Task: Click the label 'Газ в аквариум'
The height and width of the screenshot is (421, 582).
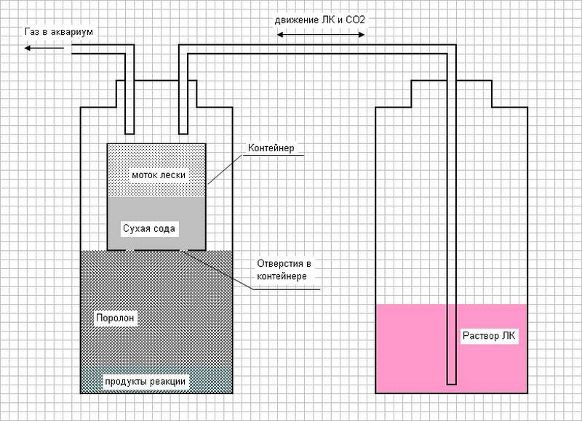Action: click(59, 32)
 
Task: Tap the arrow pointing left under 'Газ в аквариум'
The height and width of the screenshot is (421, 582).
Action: click(44, 48)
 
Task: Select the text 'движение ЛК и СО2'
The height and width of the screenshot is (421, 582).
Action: click(319, 20)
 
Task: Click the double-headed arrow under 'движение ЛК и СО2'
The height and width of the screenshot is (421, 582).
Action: click(321, 34)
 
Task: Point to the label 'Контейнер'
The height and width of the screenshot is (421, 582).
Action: click(271, 148)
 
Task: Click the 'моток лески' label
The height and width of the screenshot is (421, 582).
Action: click(159, 175)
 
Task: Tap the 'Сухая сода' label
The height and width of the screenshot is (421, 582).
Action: click(149, 228)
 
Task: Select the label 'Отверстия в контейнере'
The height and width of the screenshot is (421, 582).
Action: click(284, 270)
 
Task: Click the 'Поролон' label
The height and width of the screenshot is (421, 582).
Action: click(115, 318)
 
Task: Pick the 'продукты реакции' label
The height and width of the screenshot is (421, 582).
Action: click(145, 381)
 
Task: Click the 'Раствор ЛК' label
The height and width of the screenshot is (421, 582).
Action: click(489, 336)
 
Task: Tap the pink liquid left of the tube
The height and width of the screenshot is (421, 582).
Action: click(411, 348)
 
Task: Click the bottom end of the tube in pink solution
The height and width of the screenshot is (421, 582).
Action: click(452, 383)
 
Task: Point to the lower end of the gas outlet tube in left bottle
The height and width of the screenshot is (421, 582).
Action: click(129, 133)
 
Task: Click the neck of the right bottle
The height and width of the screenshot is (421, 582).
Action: click(451, 94)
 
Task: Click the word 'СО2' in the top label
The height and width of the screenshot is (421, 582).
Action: click(355, 20)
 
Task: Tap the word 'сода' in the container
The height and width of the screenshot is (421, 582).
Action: click(163, 228)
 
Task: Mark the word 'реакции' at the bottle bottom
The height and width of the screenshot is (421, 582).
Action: click(167, 381)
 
